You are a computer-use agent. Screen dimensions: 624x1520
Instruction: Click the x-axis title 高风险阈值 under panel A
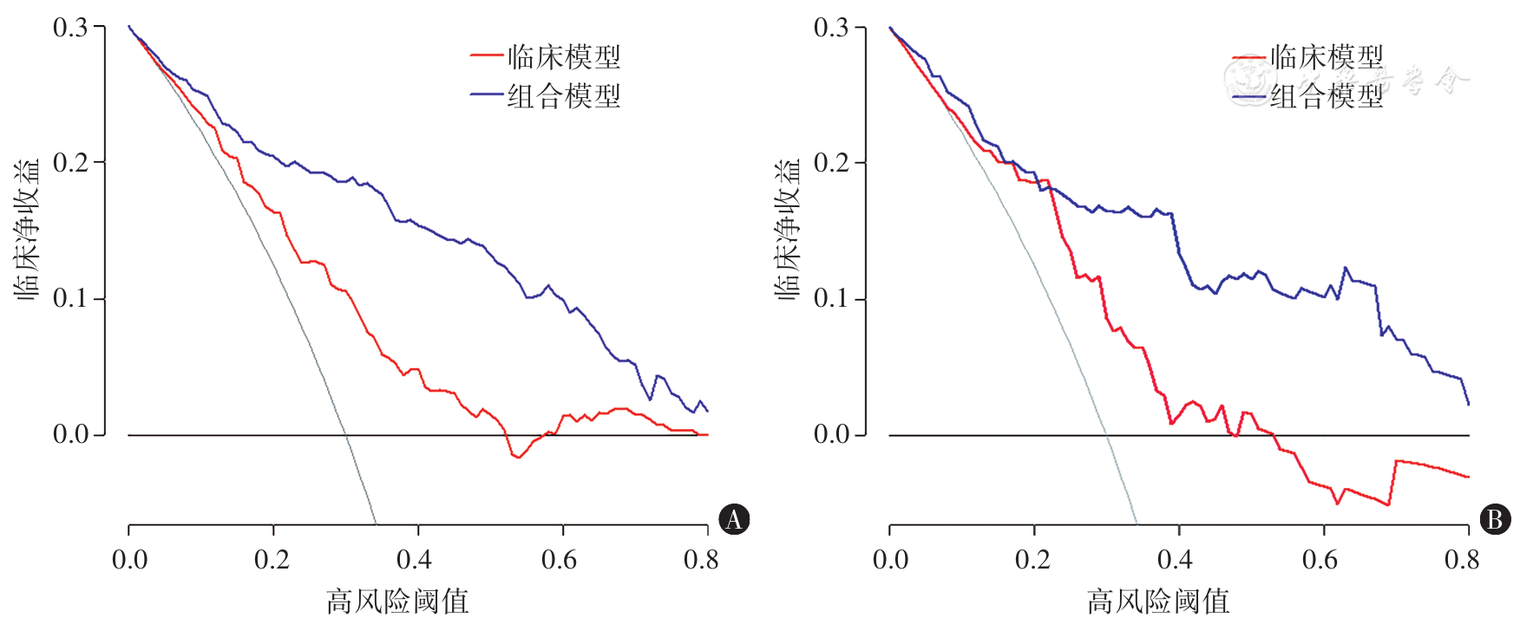coord(397,601)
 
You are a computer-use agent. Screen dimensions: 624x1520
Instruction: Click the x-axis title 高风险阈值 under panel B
coord(1158,601)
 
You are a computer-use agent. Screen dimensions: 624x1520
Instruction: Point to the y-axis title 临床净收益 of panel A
coord(28,230)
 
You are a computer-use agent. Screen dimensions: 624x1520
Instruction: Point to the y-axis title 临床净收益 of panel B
coord(789,230)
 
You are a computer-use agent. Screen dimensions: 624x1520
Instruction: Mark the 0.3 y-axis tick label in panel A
coord(70,28)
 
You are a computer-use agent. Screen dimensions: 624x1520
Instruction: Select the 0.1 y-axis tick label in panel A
coord(70,298)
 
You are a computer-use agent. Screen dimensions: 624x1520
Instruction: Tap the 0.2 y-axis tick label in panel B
coord(831,163)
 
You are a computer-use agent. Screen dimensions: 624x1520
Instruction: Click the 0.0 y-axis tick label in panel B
coord(831,434)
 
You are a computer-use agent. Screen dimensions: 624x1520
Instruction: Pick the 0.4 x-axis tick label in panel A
coord(414,560)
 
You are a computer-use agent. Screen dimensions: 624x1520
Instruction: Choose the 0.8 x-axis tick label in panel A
coord(701,560)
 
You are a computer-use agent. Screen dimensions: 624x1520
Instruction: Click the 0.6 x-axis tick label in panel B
coord(1320,560)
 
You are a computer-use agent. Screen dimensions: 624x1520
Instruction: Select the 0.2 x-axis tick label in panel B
coord(1032,560)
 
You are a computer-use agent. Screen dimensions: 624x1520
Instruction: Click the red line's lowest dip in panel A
coord(519,457)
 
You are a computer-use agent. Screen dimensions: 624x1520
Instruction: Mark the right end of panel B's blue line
coord(1468,404)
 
